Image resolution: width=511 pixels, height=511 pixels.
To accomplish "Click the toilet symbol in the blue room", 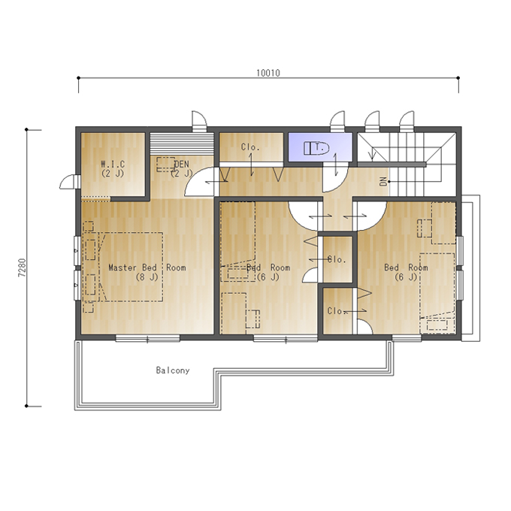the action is point(316,148).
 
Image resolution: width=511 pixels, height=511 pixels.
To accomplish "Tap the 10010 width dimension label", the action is point(268,73).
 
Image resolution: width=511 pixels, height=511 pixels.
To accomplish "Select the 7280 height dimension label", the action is point(22,268).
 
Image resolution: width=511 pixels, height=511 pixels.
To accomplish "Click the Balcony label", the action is point(173,370).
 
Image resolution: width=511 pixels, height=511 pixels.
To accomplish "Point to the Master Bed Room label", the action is point(147,272).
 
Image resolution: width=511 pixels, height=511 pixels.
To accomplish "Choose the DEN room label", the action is point(182,168).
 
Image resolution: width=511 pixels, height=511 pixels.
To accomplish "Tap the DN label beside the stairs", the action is point(383,182).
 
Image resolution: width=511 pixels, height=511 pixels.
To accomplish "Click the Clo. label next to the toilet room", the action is point(250,147).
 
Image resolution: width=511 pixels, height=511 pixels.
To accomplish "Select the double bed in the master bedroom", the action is point(130,267).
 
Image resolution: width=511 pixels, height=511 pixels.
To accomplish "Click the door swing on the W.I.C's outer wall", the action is point(69,182).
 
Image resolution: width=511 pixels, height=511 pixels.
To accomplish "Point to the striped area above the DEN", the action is point(182,144).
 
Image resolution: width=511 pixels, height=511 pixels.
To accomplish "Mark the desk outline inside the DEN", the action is point(166,165).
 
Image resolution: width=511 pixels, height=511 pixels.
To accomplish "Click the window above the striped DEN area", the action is point(199,121).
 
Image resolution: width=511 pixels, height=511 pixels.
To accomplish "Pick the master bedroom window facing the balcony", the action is point(147,339).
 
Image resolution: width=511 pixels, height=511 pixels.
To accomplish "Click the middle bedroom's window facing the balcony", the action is point(286,339).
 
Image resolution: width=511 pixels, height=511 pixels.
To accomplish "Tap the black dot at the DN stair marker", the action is point(389,182).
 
